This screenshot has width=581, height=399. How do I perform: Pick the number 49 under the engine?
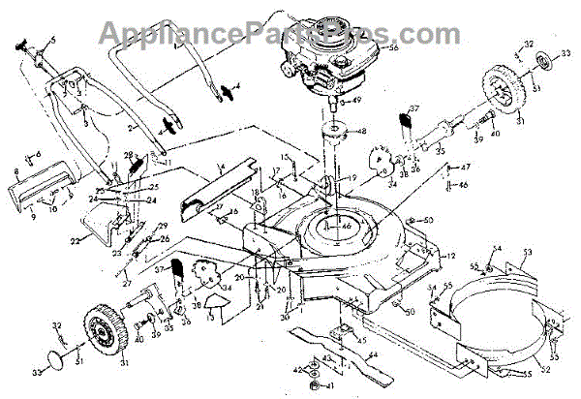[356, 100]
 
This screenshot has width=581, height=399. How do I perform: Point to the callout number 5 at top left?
[53, 39]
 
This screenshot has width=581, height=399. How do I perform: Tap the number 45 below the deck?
[361, 340]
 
